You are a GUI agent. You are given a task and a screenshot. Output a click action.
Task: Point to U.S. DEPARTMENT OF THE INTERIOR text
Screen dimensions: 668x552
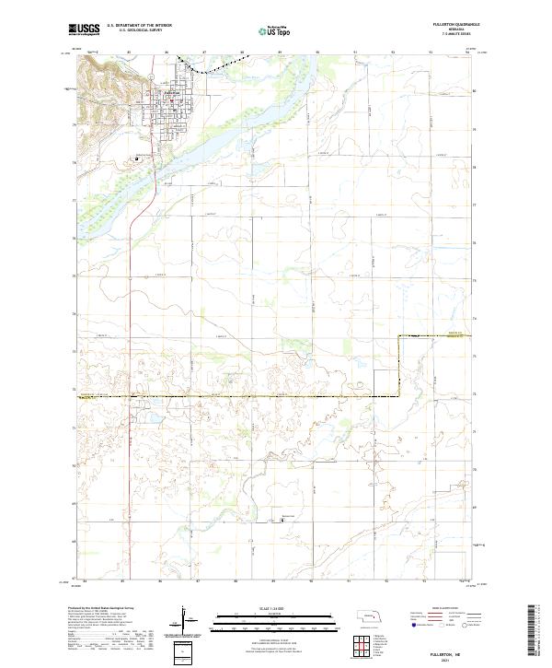tap(141, 25)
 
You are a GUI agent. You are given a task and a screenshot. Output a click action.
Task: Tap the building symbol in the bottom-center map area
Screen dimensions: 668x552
tap(282, 519)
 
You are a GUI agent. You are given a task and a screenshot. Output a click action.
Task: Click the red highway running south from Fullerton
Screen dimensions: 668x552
tap(131, 276)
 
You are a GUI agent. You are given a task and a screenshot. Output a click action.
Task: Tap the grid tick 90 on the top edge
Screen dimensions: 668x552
tap(316, 53)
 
